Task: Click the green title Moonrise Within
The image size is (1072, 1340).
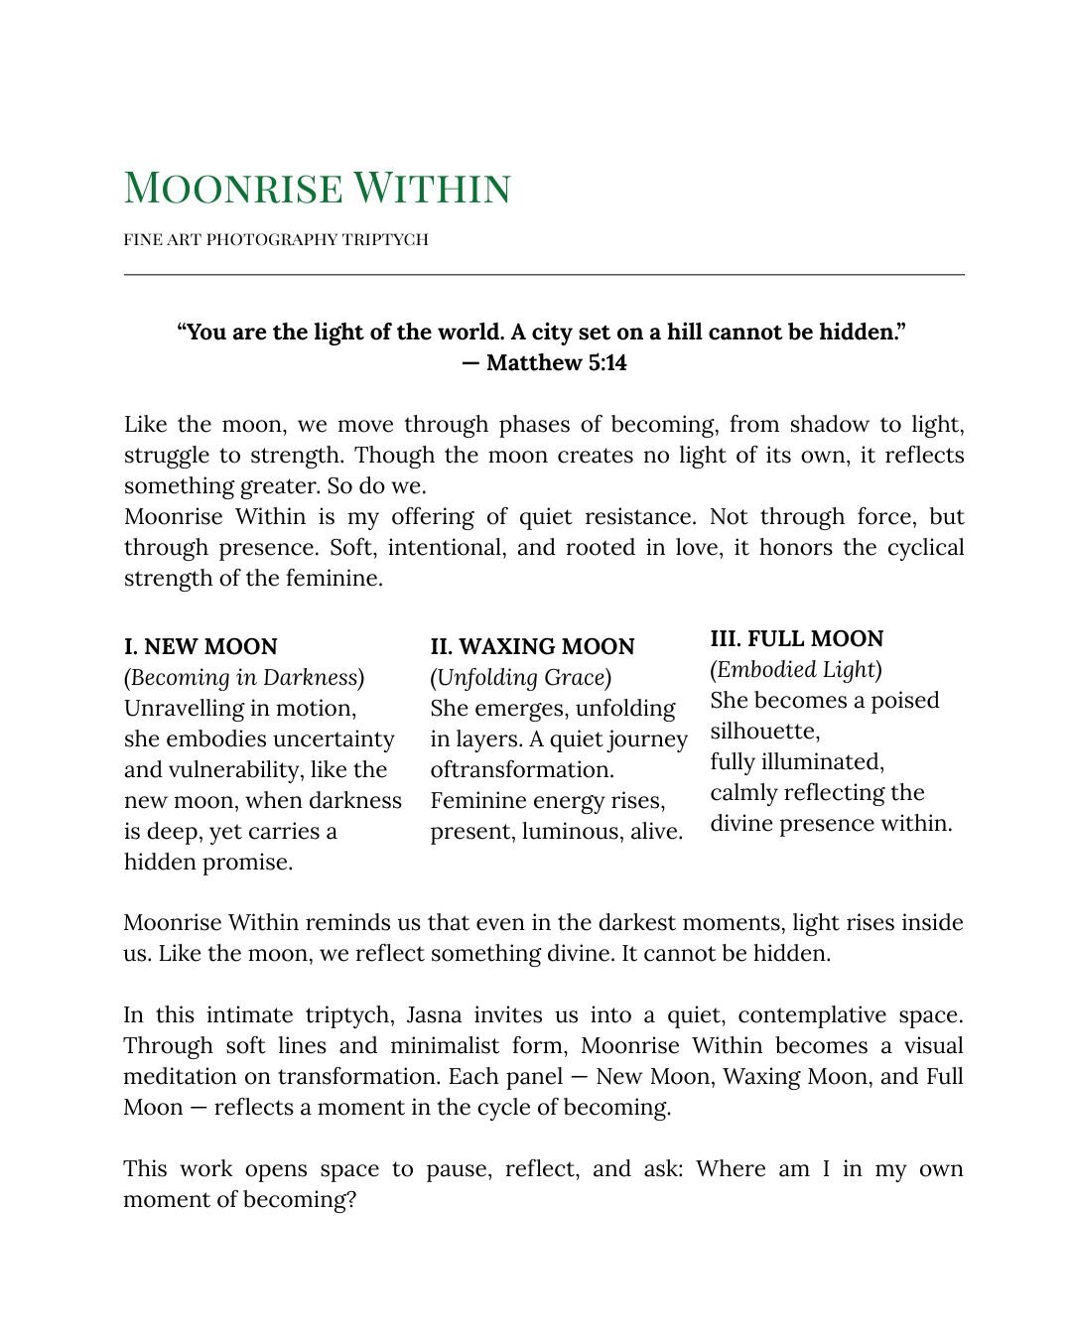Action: coord(317,188)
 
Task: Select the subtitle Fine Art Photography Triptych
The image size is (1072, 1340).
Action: coord(276,239)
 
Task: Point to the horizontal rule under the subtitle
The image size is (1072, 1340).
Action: coord(544,274)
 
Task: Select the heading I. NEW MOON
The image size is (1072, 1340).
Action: coord(201,646)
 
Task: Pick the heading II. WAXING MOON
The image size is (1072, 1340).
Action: coord(532,646)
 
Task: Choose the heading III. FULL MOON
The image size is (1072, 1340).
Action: coord(796,638)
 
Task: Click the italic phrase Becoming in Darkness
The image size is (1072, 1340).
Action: coord(243,677)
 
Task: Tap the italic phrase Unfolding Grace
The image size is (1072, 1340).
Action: coord(520,677)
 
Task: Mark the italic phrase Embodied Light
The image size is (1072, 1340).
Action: coord(795,669)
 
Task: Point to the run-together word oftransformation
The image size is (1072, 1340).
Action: coord(522,769)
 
